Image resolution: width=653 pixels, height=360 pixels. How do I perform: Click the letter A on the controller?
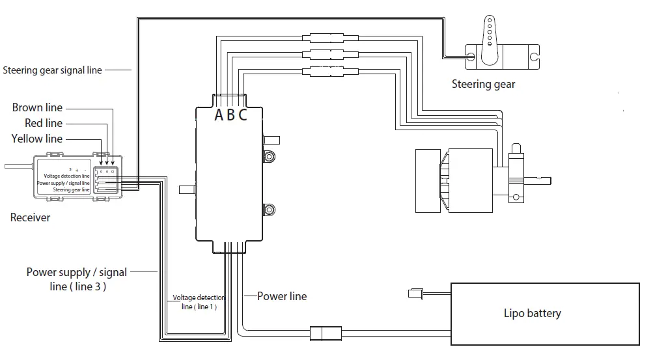(x=219, y=116)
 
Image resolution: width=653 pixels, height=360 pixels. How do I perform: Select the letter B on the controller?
(x=231, y=116)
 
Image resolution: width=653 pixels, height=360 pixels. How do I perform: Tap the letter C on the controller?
(x=243, y=116)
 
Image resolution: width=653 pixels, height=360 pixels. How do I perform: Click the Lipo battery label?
(x=532, y=313)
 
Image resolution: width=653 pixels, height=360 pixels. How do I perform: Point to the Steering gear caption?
(x=483, y=84)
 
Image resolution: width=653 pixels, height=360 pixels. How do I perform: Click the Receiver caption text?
(x=30, y=217)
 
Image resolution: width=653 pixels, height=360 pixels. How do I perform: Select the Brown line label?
(x=37, y=107)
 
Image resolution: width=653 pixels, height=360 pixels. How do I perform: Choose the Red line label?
(x=44, y=123)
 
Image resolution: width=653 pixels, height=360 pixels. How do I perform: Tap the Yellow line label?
(x=37, y=139)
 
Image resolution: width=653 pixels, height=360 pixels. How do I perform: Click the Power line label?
(x=281, y=296)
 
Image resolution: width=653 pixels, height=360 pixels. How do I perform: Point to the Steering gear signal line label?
(x=52, y=70)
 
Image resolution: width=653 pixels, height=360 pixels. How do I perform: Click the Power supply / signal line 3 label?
(x=76, y=279)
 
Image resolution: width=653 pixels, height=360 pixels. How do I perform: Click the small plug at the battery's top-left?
(x=415, y=294)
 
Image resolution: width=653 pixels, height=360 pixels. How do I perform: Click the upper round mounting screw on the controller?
(x=268, y=156)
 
